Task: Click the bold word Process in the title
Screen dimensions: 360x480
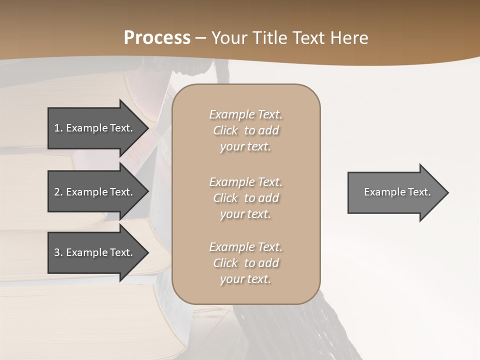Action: point(157,38)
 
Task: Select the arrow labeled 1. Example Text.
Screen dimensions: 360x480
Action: point(95,128)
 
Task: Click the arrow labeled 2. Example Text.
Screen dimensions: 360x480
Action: point(95,192)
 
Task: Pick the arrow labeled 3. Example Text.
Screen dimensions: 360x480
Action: point(95,252)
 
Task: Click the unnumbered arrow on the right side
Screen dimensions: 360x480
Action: point(395,192)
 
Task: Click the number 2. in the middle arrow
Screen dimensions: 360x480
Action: point(58,192)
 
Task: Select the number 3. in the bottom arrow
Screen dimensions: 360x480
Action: point(58,252)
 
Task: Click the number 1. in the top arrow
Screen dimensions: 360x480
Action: point(58,128)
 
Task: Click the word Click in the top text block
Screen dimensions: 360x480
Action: point(225,131)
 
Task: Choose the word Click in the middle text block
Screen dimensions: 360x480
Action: point(225,198)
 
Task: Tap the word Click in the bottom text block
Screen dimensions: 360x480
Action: point(225,263)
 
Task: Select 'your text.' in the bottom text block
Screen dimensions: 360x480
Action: point(245,279)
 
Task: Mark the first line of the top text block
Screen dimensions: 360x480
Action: point(245,114)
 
